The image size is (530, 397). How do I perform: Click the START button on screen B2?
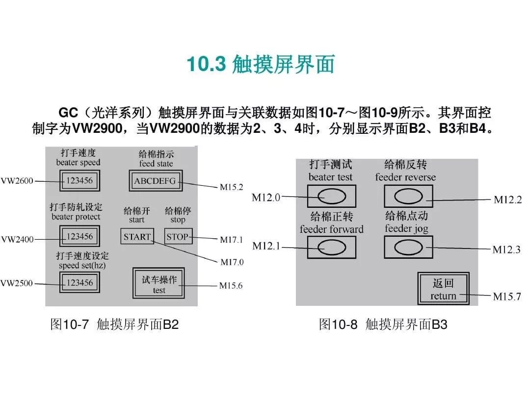click(x=137, y=237)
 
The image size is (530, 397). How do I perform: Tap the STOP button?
click(x=177, y=237)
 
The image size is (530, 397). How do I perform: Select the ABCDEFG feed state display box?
click(x=155, y=181)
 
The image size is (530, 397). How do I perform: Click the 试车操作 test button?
click(x=159, y=284)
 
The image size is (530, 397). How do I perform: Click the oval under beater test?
click(x=331, y=197)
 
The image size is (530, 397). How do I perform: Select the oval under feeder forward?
click(x=331, y=247)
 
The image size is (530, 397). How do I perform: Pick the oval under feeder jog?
click(x=408, y=247)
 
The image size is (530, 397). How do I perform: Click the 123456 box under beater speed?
click(x=79, y=180)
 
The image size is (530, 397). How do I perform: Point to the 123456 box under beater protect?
click(x=79, y=236)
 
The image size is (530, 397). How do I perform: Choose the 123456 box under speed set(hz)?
click(x=79, y=282)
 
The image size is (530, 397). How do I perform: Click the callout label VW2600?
click(x=17, y=181)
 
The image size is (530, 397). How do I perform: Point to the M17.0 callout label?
click(x=231, y=262)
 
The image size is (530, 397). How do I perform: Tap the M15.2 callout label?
click(x=231, y=187)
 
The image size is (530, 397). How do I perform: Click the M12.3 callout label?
click(x=507, y=249)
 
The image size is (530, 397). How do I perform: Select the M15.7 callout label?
click(x=507, y=296)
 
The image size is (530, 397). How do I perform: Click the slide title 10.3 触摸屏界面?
click(x=261, y=65)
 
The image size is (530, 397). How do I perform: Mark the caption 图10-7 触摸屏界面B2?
click(x=114, y=324)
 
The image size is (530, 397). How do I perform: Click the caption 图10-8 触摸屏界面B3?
click(x=383, y=324)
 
